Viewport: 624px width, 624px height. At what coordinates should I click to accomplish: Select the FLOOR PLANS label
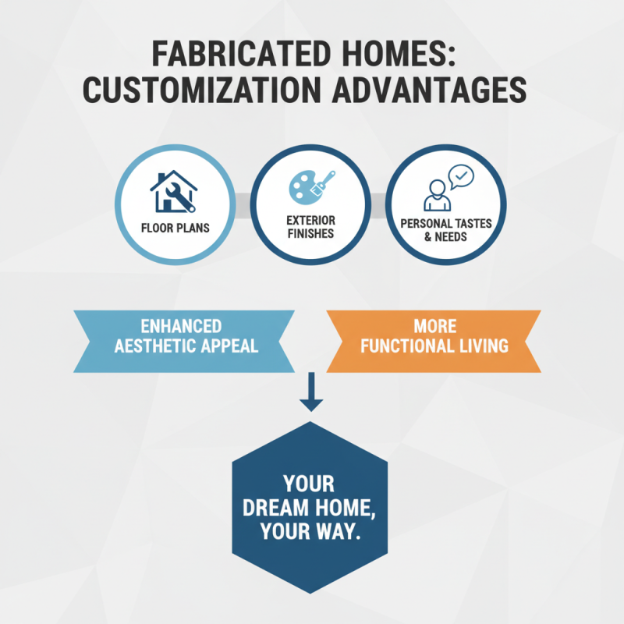point(175,229)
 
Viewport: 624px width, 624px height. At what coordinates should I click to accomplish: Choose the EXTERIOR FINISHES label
point(310,226)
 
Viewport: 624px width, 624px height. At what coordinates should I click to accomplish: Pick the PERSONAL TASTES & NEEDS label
point(446,229)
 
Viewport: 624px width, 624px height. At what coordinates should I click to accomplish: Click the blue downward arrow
point(310,392)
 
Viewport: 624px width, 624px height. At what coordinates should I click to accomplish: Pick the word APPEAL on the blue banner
point(228,346)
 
